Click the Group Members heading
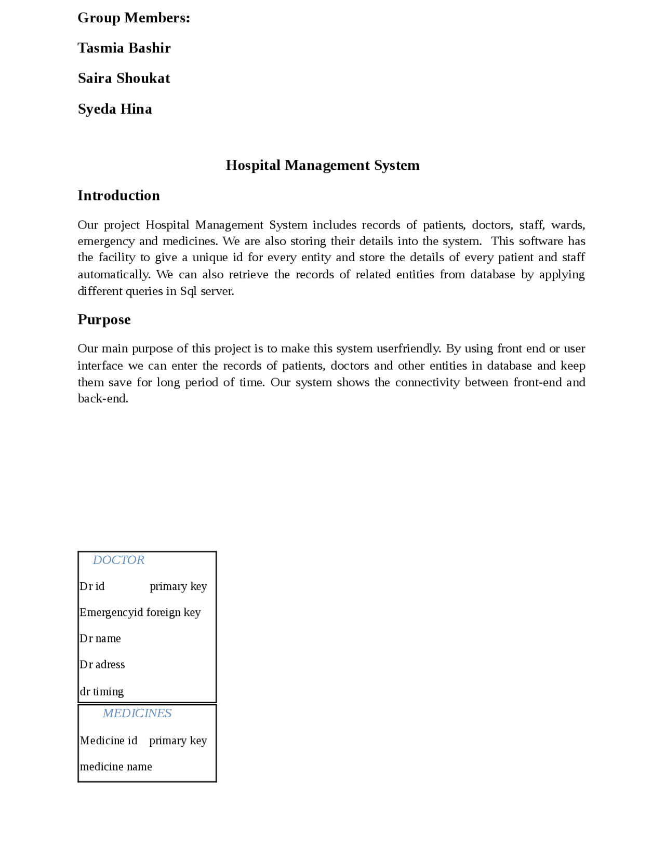134,18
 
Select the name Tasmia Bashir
124,48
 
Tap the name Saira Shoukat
124,78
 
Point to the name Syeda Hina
115,109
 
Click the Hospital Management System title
322,165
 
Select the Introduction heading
118,195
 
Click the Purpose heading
104,319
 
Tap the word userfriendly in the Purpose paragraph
408,348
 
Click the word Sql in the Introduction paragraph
188,291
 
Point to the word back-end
102,398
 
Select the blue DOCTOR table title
118,559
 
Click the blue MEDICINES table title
137,713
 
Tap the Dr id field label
92,586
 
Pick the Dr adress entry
102,664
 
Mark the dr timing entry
102,691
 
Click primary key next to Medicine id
178,740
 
